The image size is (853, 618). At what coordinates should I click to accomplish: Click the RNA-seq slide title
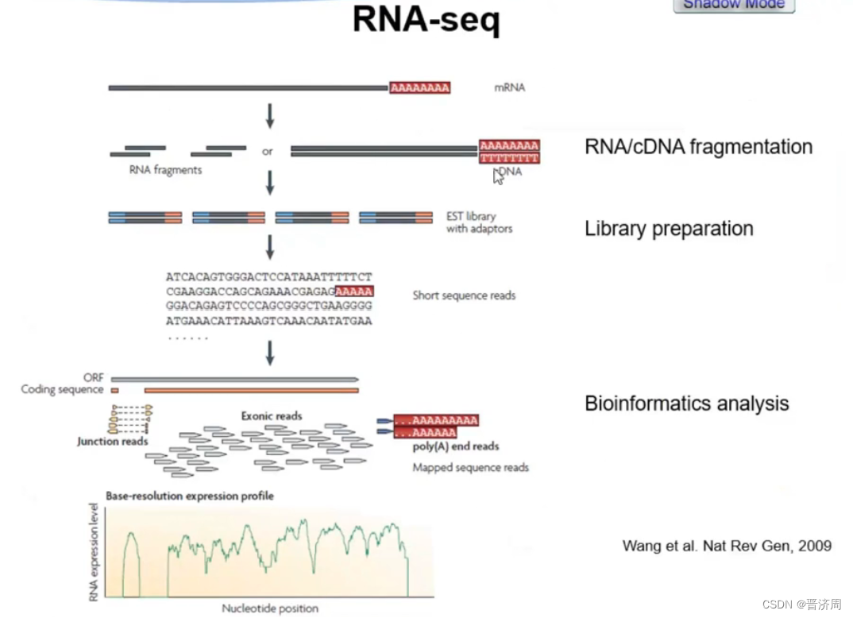point(426,21)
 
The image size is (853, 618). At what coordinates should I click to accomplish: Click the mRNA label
point(509,87)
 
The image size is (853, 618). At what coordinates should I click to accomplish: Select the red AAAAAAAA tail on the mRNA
point(420,87)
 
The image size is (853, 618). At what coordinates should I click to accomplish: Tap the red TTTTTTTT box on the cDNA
point(509,158)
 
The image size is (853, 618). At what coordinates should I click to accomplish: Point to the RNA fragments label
point(165,170)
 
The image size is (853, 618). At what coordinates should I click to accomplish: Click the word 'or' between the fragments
point(268,151)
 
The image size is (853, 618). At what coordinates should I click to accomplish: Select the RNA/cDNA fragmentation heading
point(698,147)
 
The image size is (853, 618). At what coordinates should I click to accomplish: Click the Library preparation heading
point(669,229)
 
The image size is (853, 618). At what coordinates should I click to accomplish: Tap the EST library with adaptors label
point(479,222)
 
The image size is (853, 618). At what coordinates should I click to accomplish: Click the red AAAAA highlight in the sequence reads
point(354,292)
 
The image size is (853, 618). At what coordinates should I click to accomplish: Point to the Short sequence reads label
point(464,295)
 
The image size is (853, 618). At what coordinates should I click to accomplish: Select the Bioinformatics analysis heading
point(686,404)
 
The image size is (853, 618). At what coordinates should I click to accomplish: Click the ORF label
point(93,378)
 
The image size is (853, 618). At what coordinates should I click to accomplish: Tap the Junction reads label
point(113,441)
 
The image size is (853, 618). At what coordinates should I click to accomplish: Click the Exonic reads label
point(272,415)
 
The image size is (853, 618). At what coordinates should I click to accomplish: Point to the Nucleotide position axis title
point(270,608)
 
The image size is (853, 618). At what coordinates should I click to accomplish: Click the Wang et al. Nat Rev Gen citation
point(726,546)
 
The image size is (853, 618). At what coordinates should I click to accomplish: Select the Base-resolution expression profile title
point(189,496)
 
